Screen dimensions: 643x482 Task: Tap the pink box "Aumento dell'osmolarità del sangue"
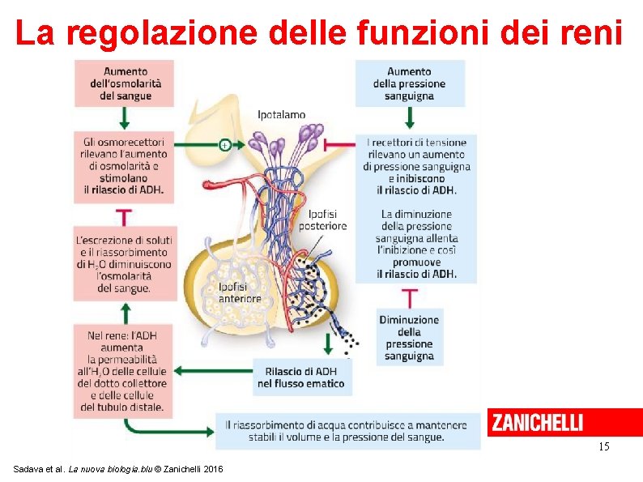click(125, 83)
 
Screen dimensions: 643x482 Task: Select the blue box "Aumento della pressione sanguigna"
click(410, 83)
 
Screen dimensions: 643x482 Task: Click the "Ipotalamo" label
click(281, 115)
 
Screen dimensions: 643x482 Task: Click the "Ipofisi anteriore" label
click(240, 292)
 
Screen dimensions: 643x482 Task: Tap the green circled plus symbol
click(224, 145)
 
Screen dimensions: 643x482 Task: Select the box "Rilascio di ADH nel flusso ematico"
click(301, 377)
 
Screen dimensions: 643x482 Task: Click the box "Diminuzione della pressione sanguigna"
click(409, 337)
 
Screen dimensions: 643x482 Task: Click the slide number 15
click(603, 447)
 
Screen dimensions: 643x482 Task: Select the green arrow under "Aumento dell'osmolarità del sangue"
click(124, 118)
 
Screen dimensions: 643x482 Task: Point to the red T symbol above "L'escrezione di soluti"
click(124, 217)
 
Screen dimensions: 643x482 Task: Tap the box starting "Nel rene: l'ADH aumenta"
click(124, 371)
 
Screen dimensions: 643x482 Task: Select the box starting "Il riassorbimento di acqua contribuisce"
click(346, 430)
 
